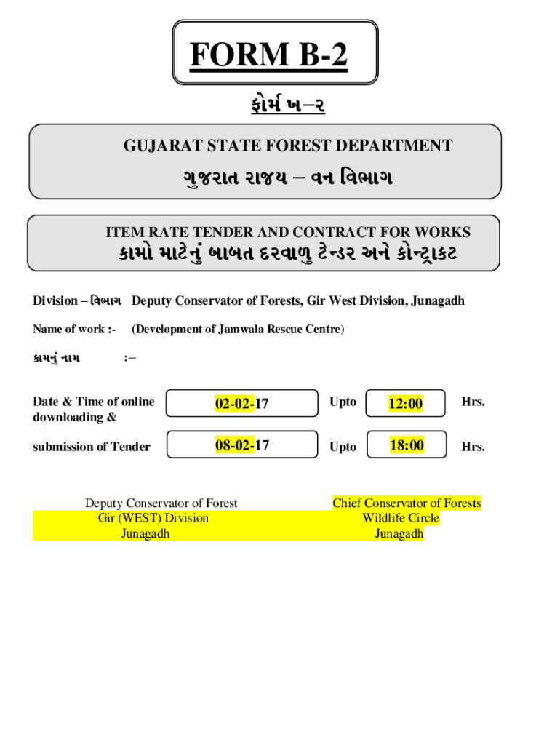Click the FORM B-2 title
(x=268, y=55)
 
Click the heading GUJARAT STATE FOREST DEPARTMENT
(x=287, y=146)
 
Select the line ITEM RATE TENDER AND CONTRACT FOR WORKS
(x=288, y=232)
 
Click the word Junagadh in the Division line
(x=438, y=301)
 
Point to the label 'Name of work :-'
(x=74, y=330)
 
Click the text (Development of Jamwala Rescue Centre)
(x=238, y=330)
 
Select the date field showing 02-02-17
(x=241, y=403)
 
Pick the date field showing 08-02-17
(x=241, y=445)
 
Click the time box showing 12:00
(x=406, y=403)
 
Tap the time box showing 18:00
(x=406, y=445)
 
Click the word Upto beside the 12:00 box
(x=343, y=402)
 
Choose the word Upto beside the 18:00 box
(x=343, y=447)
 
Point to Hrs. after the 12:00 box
(x=473, y=402)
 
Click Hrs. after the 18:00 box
(x=473, y=447)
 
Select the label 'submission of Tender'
(x=92, y=447)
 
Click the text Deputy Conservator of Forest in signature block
(x=161, y=503)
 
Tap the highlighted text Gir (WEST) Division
(x=153, y=518)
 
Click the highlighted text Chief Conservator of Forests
(x=407, y=503)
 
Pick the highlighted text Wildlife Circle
(x=401, y=518)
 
